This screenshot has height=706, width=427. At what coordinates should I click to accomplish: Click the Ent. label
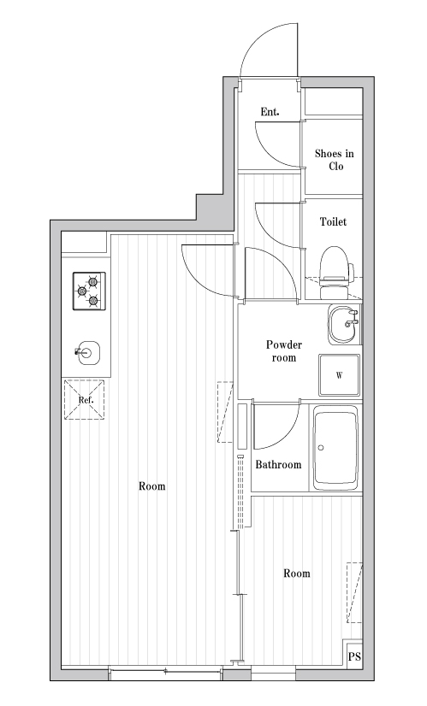(x=270, y=112)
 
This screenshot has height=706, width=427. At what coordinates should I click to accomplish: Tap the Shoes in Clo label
(x=334, y=160)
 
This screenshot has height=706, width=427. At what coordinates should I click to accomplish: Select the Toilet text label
(x=333, y=221)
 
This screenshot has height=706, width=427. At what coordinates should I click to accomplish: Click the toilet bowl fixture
(x=335, y=273)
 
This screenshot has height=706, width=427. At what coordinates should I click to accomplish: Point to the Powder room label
(x=283, y=351)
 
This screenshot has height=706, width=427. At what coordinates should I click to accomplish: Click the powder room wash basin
(x=345, y=324)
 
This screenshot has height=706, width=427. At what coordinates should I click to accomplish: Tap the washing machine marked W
(x=340, y=375)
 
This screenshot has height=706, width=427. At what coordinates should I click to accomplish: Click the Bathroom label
(x=278, y=465)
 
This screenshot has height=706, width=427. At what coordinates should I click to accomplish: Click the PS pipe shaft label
(x=354, y=656)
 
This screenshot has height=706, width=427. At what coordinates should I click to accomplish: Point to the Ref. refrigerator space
(x=85, y=400)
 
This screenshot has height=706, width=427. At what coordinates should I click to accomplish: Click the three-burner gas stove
(x=89, y=291)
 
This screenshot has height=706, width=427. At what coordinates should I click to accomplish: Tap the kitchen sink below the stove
(x=87, y=352)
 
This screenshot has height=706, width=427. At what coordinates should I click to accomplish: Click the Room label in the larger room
(x=152, y=486)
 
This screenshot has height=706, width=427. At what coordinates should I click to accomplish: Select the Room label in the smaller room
(x=297, y=574)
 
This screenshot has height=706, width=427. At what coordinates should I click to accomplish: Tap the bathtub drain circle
(x=321, y=448)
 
